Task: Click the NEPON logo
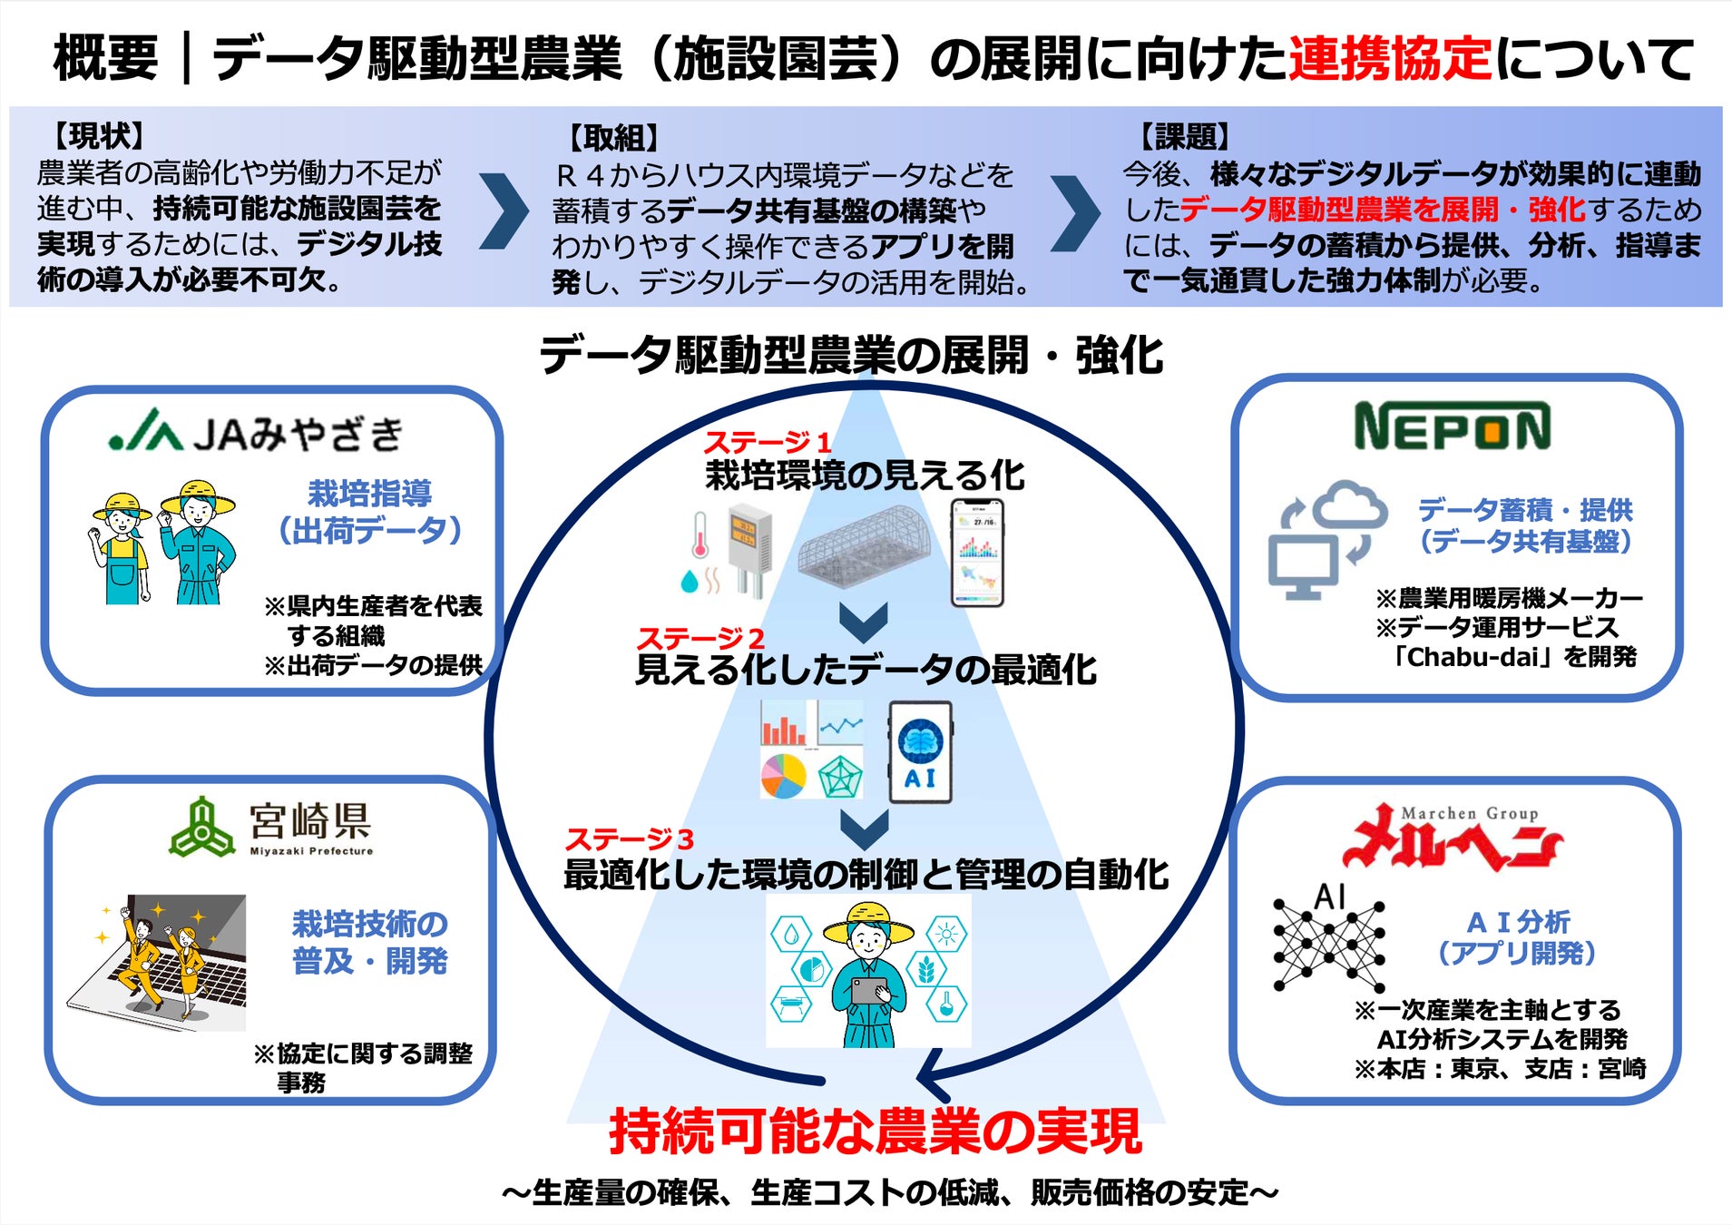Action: click(1452, 426)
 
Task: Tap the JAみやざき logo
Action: click(256, 433)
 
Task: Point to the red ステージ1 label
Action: click(768, 443)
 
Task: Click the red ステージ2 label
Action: click(700, 638)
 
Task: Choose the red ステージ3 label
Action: click(630, 838)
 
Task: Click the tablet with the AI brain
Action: click(920, 752)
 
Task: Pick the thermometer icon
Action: click(700, 535)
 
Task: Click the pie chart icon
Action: click(783, 776)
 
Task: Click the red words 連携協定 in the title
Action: click(1390, 58)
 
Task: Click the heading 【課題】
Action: click(1184, 137)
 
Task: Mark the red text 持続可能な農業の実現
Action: click(875, 1132)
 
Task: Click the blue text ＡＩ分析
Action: click(1518, 922)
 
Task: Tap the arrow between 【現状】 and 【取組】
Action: click(504, 211)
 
